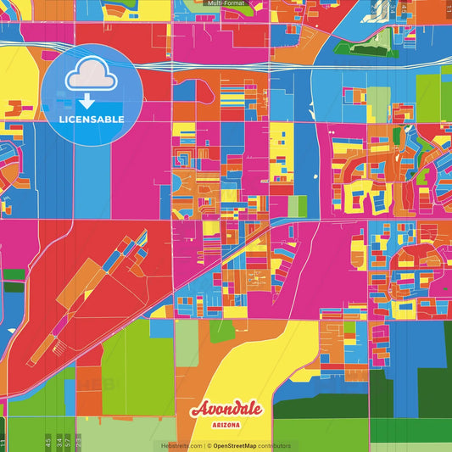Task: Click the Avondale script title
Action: coord(226,410)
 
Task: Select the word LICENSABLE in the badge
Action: coord(92,120)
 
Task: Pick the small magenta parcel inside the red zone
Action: coord(58,325)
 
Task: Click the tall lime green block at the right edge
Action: coord(428,98)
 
